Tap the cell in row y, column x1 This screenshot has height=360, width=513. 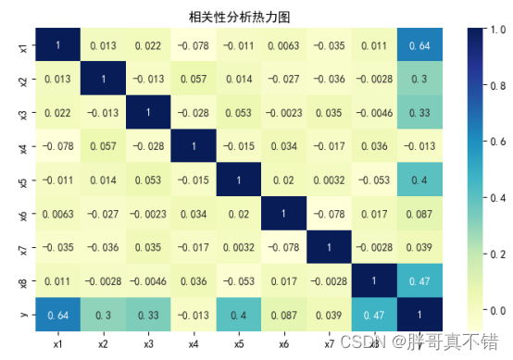click(x=58, y=315)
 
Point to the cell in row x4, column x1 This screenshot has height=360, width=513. click(x=58, y=145)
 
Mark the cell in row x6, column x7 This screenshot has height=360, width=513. click(x=329, y=214)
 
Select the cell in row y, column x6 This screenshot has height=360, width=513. click(x=283, y=315)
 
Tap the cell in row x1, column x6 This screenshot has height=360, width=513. click(x=283, y=43)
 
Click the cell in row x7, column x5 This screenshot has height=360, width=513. click(x=238, y=247)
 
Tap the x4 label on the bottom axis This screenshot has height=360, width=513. click(x=194, y=342)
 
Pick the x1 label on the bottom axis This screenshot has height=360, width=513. click(x=58, y=342)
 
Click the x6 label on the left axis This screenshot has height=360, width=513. click(x=23, y=214)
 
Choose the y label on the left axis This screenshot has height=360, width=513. click(x=23, y=315)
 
